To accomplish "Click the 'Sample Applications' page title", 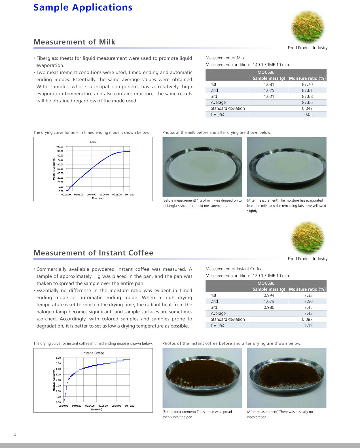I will pos(83,7).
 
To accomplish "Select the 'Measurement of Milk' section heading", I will pos(74,42).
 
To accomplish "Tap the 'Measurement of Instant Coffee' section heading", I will pos(93,253).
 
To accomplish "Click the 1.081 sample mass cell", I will pos(269,84).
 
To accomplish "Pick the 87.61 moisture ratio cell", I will pos(307,90).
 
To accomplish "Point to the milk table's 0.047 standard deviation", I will pos(307,108).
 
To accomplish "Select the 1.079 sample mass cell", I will pos(269,301).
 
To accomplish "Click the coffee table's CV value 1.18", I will pos(308,325).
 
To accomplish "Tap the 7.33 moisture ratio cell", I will pos(308,295).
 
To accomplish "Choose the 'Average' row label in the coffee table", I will pos(218,313).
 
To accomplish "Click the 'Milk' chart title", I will pos(93,142).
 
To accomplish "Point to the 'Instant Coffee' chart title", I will pos(93,353).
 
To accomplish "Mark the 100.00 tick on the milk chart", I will pos(60,147).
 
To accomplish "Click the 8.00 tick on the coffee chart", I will pos(58,358).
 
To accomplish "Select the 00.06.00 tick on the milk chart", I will pos(104,195).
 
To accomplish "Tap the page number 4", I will pos(15,434).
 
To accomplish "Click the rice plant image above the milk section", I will pos(308,27).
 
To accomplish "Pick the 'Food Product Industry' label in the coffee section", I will pos(308,259).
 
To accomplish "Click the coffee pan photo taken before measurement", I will pos(202,378).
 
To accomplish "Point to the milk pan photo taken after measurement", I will pos(287,167).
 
